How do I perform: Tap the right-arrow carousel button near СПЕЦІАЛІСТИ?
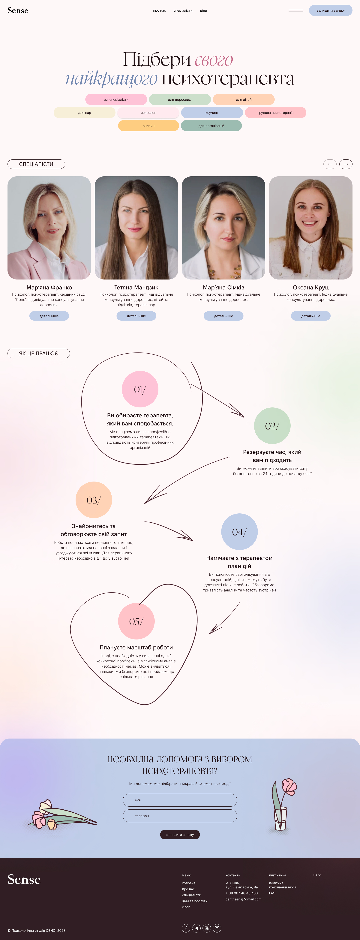pos(346,164)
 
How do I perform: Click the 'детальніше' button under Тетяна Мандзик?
pos(136,316)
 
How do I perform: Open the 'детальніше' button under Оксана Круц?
pos(311,316)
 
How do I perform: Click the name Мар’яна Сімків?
pos(223,288)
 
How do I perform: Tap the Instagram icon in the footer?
pos(217,928)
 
